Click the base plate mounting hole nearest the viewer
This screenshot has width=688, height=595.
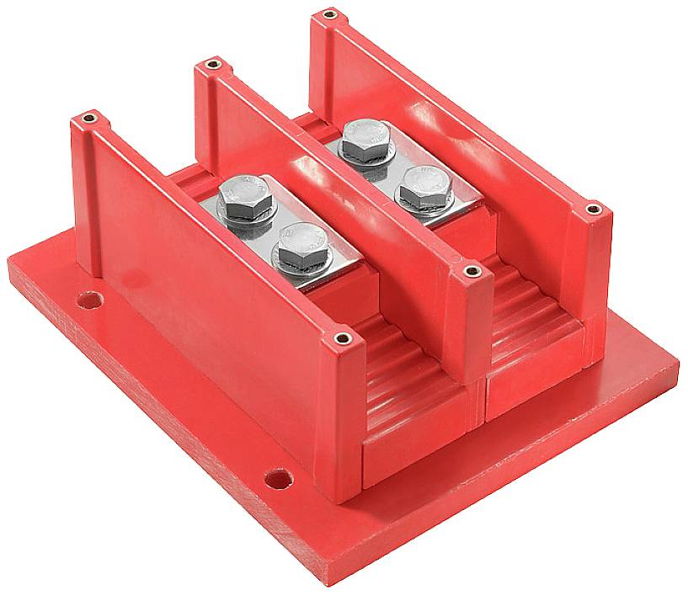276,479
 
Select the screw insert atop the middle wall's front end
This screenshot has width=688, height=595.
472,271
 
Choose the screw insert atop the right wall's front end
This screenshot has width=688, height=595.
593,208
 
